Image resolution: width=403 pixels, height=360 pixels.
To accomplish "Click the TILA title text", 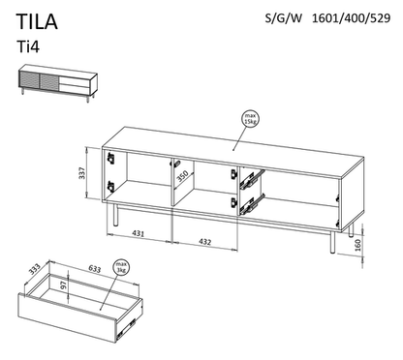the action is [37, 22].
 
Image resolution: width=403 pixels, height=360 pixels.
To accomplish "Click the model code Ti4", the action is [28, 47].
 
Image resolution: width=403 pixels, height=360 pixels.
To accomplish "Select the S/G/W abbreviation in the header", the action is [284, 18].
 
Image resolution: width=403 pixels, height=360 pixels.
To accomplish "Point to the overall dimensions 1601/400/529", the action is [351, 18].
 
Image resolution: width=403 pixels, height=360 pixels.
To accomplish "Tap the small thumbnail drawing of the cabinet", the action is [57, 83].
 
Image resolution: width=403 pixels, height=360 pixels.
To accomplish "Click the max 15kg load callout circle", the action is [251, 118].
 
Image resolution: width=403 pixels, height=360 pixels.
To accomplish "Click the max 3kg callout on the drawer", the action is [121, 267].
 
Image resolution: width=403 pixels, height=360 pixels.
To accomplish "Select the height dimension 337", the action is [82, 173].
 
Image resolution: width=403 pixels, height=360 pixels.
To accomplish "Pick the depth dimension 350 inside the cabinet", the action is [182, 177].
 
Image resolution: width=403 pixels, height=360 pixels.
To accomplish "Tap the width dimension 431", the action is [139, 233].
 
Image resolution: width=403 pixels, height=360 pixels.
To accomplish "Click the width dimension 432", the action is [205, 242].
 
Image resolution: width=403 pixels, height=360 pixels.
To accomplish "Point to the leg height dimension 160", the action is [357, 245].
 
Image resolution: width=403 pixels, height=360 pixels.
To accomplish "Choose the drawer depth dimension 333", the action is [34, 269].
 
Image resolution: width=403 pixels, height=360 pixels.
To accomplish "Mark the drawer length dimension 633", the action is [94, 268].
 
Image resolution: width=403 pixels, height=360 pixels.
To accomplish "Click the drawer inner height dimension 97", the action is [64, 285].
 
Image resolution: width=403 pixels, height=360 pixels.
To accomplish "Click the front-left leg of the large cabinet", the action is [116, 215].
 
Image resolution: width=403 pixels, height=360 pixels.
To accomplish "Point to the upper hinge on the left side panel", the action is [110, 158].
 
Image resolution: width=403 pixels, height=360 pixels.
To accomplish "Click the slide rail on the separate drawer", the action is [127, 326].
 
